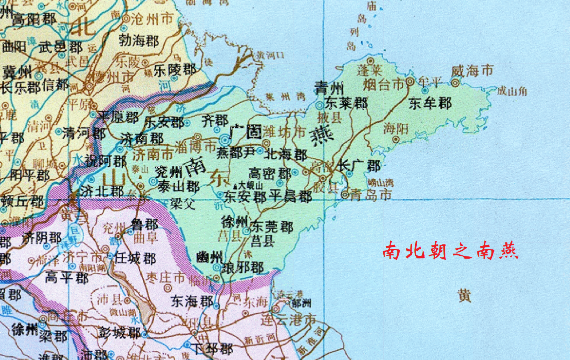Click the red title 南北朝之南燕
450,250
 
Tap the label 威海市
472,71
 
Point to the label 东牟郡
430,104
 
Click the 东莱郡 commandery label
346,104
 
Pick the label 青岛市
371,194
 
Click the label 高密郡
270,174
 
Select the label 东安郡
245,196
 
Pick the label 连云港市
290,319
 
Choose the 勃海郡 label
139,41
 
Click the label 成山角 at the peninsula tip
512,91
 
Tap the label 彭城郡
120,332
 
